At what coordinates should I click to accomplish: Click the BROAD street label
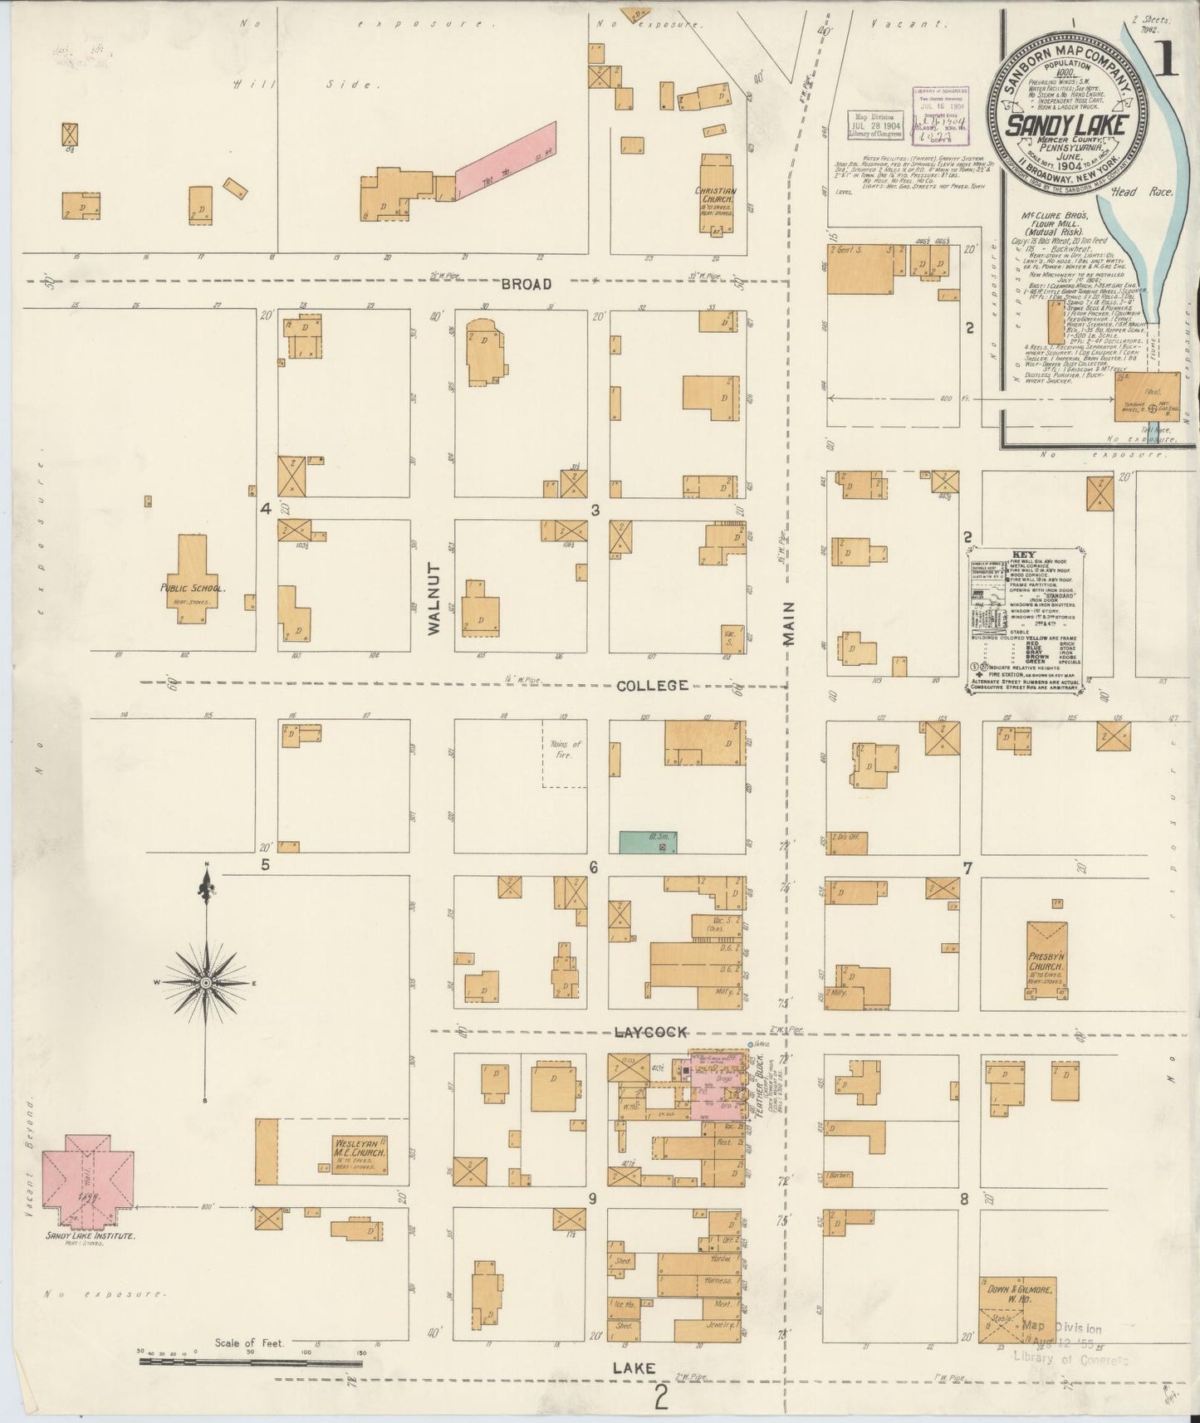coord(526,284)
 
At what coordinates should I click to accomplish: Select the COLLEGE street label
coord(652,685)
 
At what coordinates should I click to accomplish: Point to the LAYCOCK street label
coord(650,1032)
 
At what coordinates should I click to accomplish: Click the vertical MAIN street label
coord(788,623)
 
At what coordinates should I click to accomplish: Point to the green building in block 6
coord(648,842)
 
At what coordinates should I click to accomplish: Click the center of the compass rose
coord(205,983)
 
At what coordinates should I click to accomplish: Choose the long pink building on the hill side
coord(505,160)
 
